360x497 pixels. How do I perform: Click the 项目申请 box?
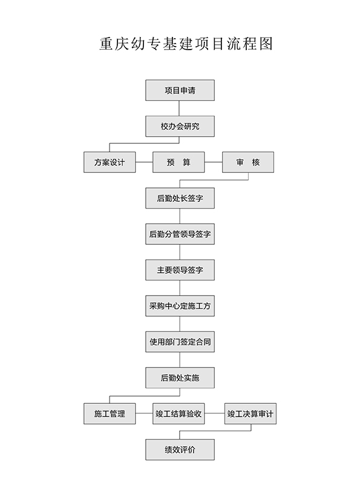pos(180,90)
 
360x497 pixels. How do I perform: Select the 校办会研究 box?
pos(180,126)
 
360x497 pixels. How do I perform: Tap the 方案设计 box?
pos(110,162)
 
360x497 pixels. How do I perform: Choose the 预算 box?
pos(178,162)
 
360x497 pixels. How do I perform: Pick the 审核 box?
pos(248,162)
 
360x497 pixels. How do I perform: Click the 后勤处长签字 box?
pos(180,198)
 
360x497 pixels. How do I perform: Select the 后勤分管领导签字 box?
pos(180,234)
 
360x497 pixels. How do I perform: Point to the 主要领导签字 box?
pos(180,270)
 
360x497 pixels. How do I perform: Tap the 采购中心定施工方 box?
pos(180,306)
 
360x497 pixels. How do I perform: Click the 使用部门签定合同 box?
pos(180,342)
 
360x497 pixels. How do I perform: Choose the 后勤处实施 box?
pos(180,377)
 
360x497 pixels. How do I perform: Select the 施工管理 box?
pos(110,414)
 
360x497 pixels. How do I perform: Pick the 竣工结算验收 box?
pos(178,414)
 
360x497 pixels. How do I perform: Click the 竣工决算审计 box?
pos(250,414)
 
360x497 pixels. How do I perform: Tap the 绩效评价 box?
pos(180,449)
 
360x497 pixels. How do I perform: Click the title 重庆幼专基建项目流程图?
pos(186,44)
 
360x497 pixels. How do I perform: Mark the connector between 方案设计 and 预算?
pos(144,162)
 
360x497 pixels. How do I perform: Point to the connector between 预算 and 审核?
pos(213,162)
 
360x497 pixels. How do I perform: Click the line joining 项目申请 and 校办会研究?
pos(179,108)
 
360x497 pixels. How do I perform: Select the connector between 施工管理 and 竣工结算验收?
pos(144,413)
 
